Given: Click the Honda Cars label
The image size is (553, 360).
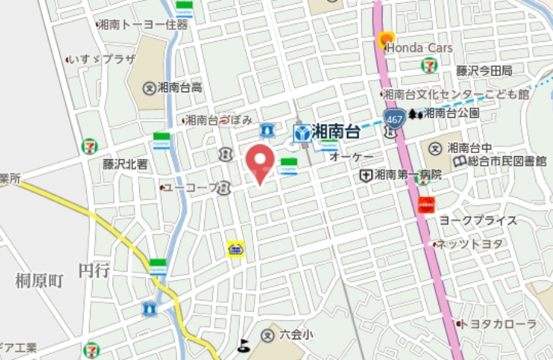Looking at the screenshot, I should point(419,48).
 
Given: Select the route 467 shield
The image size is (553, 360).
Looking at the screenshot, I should point(393,119).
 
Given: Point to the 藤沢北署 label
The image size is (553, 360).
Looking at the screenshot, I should point(126,164).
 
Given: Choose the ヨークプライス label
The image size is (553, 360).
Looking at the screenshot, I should point(478,221).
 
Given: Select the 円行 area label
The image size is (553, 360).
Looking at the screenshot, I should point(94,269).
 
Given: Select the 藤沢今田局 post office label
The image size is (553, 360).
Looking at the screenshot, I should point(484,70).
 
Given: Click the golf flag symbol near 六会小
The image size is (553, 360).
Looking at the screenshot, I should point(244,345).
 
